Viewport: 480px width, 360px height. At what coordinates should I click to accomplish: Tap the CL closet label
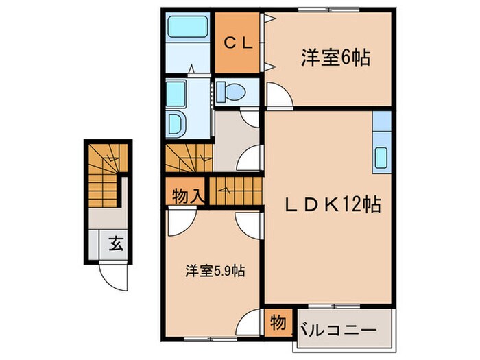238,43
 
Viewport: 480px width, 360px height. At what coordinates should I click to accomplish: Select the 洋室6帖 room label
335,58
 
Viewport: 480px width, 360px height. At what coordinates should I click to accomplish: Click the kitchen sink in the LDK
381,160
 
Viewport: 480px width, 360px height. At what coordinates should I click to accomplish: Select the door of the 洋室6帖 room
278,96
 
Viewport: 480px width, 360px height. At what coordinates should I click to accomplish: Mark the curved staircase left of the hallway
189,161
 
